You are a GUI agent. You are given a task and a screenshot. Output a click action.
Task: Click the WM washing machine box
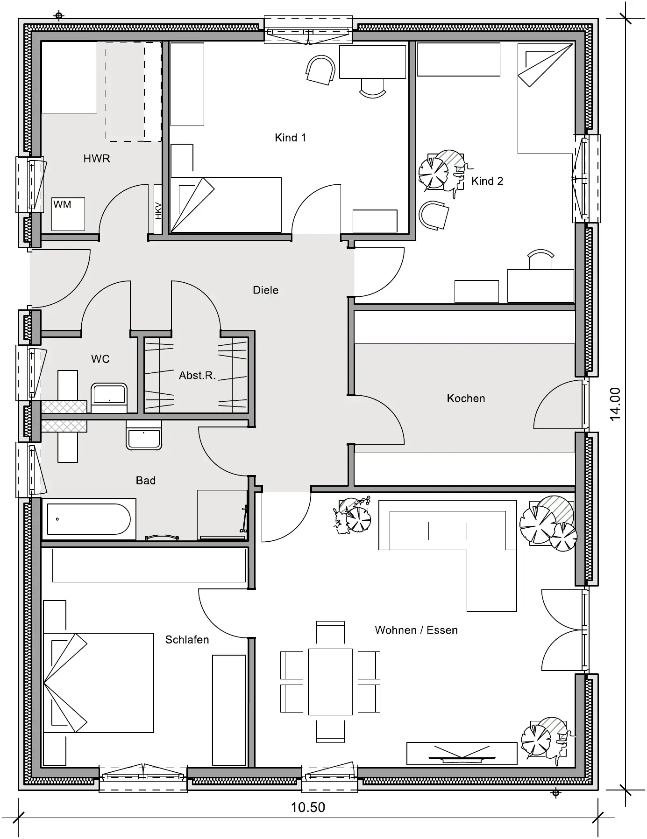pyautogui.click(x=68, y=214)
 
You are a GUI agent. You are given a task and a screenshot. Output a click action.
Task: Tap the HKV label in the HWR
pyautogui.click(x=158, y=210)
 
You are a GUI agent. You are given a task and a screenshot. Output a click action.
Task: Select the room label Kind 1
pyautogui.click(x=291, y=138)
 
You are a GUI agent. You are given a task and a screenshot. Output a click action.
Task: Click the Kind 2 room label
pyautogui.click(x=487, y=181)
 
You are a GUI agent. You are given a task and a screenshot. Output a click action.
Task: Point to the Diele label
pyautogui.click(x=265, y=290)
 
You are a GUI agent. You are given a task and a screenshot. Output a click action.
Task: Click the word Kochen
pyautogui.click(x=466, y=399)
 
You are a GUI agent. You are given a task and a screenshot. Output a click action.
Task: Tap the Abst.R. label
pyautogui.click(x=197, y=375)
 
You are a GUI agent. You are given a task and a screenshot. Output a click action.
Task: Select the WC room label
pyautogui.click(x=100, y=359)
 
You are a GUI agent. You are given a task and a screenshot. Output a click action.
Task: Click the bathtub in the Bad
pyautogui.click(x=89, y=519)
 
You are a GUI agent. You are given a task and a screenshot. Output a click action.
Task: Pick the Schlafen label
pyautogui.click(x=187, y=640)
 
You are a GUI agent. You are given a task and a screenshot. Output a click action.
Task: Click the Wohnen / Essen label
pyautogui.click(x=416, y=630)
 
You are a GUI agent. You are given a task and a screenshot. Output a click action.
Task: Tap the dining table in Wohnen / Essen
pyautogui.click(x=330, y=681)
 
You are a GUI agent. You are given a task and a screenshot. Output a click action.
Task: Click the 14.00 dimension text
pyautogui.click(x=615, y=404)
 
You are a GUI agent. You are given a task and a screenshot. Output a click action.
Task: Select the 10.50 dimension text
pyautogui.click(x=308, y=807)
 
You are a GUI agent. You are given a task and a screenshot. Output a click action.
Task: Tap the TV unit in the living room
pyautogui.click(x=462, y=753)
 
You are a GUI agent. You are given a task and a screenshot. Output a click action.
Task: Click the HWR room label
pyautogui.click(x=97, y=159)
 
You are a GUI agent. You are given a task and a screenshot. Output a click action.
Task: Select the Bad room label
pyautogui.click(x=146, y=481)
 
